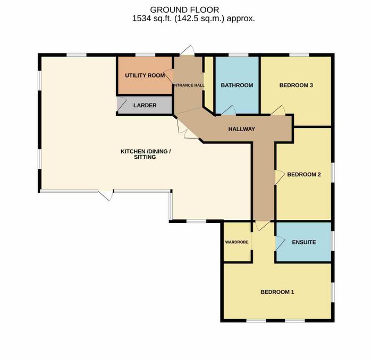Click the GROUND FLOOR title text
[x=184, y=10]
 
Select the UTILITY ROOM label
[x=145, y=75]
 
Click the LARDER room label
[x=145, y=105]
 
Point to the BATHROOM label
[x=237, y=85]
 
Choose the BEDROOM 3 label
[x=296, y=85]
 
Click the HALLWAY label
[x=241, y=129]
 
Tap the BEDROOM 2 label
[x=304, y=175]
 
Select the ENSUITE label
[x=304, y=242]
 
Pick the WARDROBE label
[x=237, y=242]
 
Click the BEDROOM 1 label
[x=277, y=292]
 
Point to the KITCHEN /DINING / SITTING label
[x=146, y=154]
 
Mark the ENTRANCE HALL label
[x=189, y=85]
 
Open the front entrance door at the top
[x=187, y=50]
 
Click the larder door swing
[x=122, y=104]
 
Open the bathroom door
[x=228, y=110]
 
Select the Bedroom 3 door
[x=278, y=110]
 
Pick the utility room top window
[x=145, y=55]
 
